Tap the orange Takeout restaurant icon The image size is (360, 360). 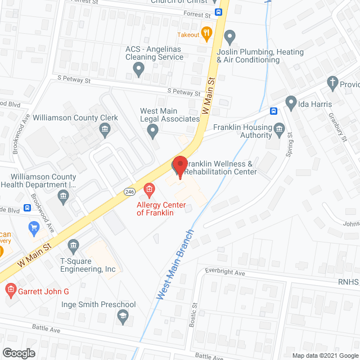coord(206,33)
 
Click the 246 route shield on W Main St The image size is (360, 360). coord(129,192)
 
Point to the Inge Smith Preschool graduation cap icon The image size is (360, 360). coord(121,318)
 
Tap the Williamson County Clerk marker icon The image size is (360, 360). coord(105,131)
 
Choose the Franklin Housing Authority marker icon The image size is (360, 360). coord(280,131)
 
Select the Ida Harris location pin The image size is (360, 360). coord(291,102)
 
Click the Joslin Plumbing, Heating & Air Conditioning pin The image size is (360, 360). coord(229,37)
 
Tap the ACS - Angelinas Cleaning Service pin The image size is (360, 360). coord(138,70)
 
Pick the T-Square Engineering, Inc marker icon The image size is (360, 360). coord(73,246)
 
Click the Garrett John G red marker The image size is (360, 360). coord(10,291)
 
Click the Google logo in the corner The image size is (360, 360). coord(19,353)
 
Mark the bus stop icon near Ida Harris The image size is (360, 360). coord(274,111)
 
